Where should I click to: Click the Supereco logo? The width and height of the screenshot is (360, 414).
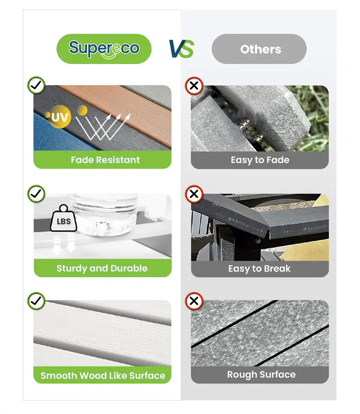tap(104, 49)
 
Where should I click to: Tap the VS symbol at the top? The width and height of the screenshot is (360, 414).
tap(181, 49)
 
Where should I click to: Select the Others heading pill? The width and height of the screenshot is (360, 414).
tap(259, 49)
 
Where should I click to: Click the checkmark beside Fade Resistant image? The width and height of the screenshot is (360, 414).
tap(36, 85)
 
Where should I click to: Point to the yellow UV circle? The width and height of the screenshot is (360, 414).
tap(60, 117)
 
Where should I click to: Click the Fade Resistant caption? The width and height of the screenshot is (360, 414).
tap(105, 160)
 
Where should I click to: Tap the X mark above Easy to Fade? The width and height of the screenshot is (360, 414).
tap(194, 85)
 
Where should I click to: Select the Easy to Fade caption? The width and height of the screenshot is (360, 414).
tap(260, 160)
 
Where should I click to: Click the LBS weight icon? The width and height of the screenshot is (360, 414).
tap(63, 219)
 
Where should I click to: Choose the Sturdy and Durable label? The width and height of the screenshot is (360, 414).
tap(102, 268)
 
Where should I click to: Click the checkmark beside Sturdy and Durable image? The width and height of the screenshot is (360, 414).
tap(36, 193)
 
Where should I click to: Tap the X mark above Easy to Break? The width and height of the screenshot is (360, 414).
tap(194, 194)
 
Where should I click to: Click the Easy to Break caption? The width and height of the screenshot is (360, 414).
tap(259, 269)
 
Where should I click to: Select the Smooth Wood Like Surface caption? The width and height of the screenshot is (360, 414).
tap(103, 375)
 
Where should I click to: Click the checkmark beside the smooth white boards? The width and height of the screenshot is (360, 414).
tap(36, 301)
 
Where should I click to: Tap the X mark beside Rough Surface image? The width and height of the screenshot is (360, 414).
tap(194, 301)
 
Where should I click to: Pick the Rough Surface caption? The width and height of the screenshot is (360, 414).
tap(261, 375)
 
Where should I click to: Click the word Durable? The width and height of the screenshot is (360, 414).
tap(129, 268)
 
